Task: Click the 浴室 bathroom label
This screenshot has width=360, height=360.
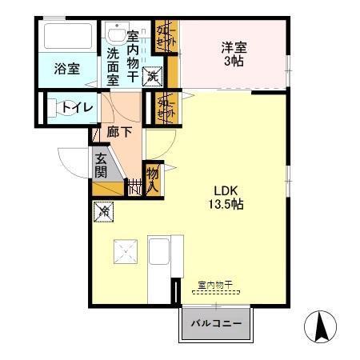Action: click(x=67, y=69)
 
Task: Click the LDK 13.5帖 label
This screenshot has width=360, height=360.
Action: click(x=228, y=197)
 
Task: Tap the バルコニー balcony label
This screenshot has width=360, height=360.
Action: click(x=214, y=326)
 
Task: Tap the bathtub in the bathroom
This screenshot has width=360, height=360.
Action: click(x=68, y=37)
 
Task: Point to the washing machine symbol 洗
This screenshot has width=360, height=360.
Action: click(x=153, y=76)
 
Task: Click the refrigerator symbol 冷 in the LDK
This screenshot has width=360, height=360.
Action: click(x=104, y=212)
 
